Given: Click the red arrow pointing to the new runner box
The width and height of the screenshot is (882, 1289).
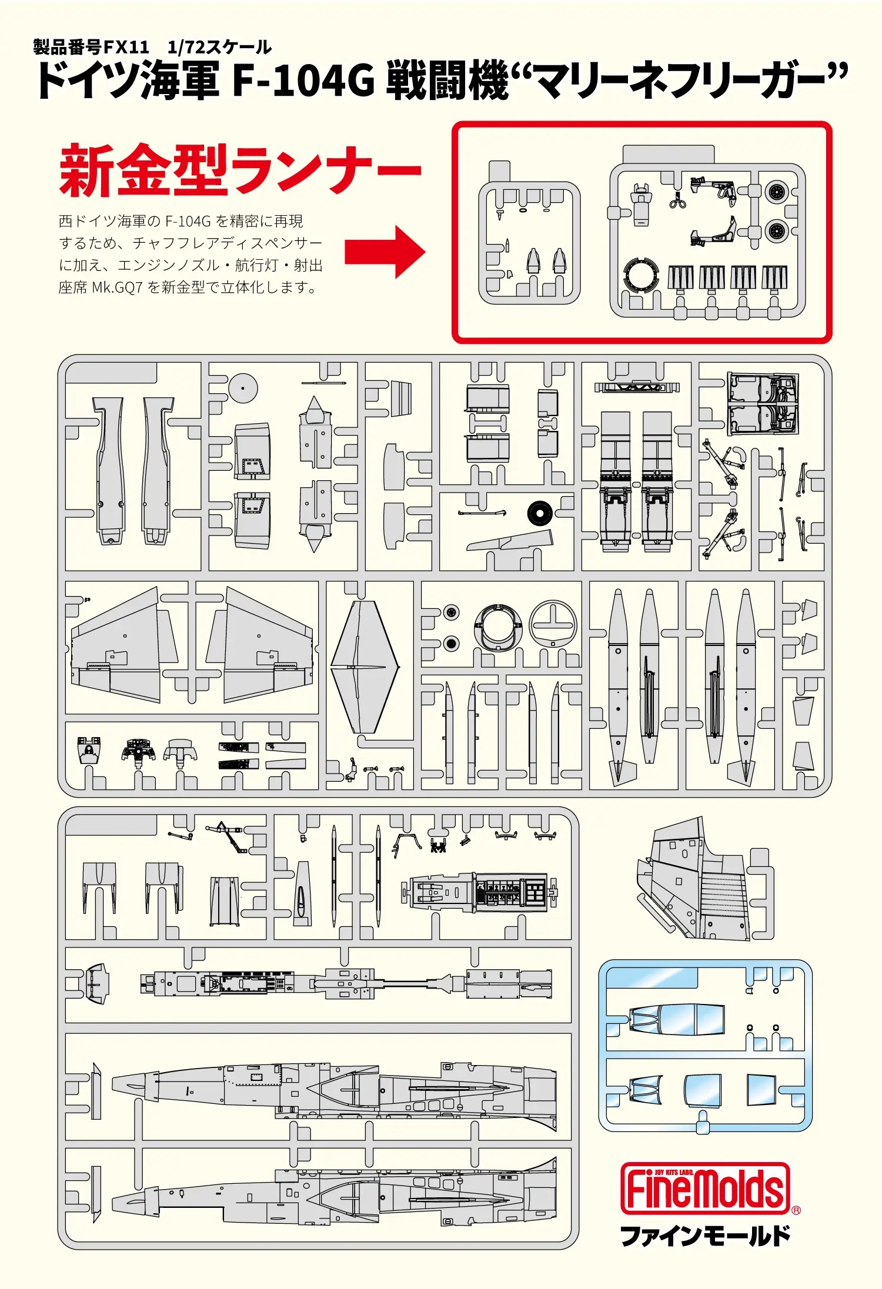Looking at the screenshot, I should [x=385, y=252].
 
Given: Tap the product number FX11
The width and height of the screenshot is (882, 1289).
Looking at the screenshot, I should [x=126, y=46].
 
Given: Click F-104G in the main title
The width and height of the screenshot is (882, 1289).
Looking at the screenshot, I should [x=303, y=81].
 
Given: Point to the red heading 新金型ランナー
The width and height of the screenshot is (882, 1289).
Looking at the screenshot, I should [x=240, y=170].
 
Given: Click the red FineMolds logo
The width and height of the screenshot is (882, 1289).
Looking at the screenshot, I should [x=705, y=1188].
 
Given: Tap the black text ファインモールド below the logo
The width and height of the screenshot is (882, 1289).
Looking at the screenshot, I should [x=705, y=1236].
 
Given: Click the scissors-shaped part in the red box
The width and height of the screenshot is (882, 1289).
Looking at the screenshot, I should [x=677, y=202].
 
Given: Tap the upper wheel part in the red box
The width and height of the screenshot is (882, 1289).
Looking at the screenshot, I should [x=776, y=192].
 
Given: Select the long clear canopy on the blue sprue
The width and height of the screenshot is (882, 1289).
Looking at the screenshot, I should [x=676, y=1020].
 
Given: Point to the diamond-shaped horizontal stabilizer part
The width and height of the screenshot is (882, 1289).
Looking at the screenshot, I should [x=365, y=667].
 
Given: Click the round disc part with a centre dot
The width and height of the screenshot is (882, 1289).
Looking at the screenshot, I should [x=243, y=388].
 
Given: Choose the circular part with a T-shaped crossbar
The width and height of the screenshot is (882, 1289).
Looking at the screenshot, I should [x=553, y=624].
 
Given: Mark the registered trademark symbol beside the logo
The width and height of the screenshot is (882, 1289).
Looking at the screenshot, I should [x=796, y=1210].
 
